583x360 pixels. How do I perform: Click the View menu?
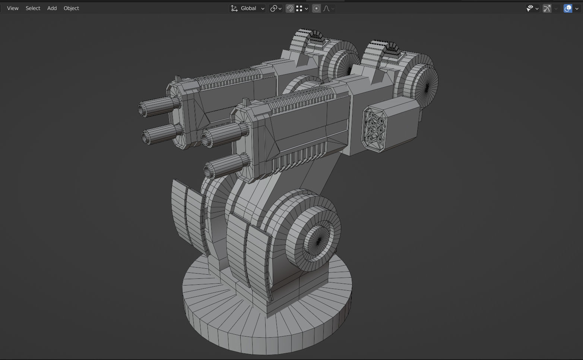click(x=13, y=8)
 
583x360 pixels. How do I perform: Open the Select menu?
click(x=33, y=8)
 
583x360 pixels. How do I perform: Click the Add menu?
click(x=52, y=8)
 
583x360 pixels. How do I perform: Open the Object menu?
click(x=71, y=8)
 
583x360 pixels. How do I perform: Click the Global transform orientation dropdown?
click(x=247, y=8)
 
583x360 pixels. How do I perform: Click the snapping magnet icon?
click(x=290, y=8)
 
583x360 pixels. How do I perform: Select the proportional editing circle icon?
click(x=316, y=8)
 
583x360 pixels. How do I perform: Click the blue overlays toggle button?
click(x=568, y=8)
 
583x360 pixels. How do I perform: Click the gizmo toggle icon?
click(x=547, y=8)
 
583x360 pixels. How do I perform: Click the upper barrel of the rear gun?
click(x=158, y=105)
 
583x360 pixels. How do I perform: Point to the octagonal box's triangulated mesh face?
click(x=375, y=129)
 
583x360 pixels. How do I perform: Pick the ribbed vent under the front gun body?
click(x=298, y=157)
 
